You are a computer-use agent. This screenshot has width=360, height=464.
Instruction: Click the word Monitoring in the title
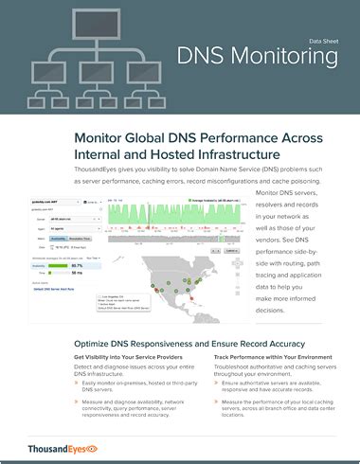click(x=290, y=58)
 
